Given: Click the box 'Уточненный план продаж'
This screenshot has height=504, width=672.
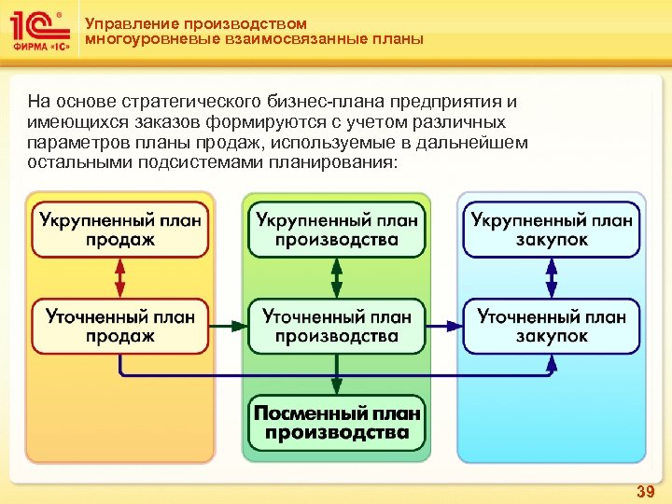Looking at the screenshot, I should [119, 326].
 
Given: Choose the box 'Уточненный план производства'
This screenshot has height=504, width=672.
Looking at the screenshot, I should [336, 326].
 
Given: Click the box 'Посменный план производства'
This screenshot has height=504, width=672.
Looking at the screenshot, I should [336, 422].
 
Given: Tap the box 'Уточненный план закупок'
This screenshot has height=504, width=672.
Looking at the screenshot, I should [552, 326].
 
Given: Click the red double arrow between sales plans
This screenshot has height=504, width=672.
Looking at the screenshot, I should [119, 277].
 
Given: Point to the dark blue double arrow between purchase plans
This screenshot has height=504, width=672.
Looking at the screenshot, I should [552, 277].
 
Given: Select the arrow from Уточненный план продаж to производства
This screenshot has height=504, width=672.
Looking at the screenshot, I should [228, 326].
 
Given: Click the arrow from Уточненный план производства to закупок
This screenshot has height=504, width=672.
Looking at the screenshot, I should [443, 326].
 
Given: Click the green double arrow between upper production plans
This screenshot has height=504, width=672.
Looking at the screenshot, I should [336, 277].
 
